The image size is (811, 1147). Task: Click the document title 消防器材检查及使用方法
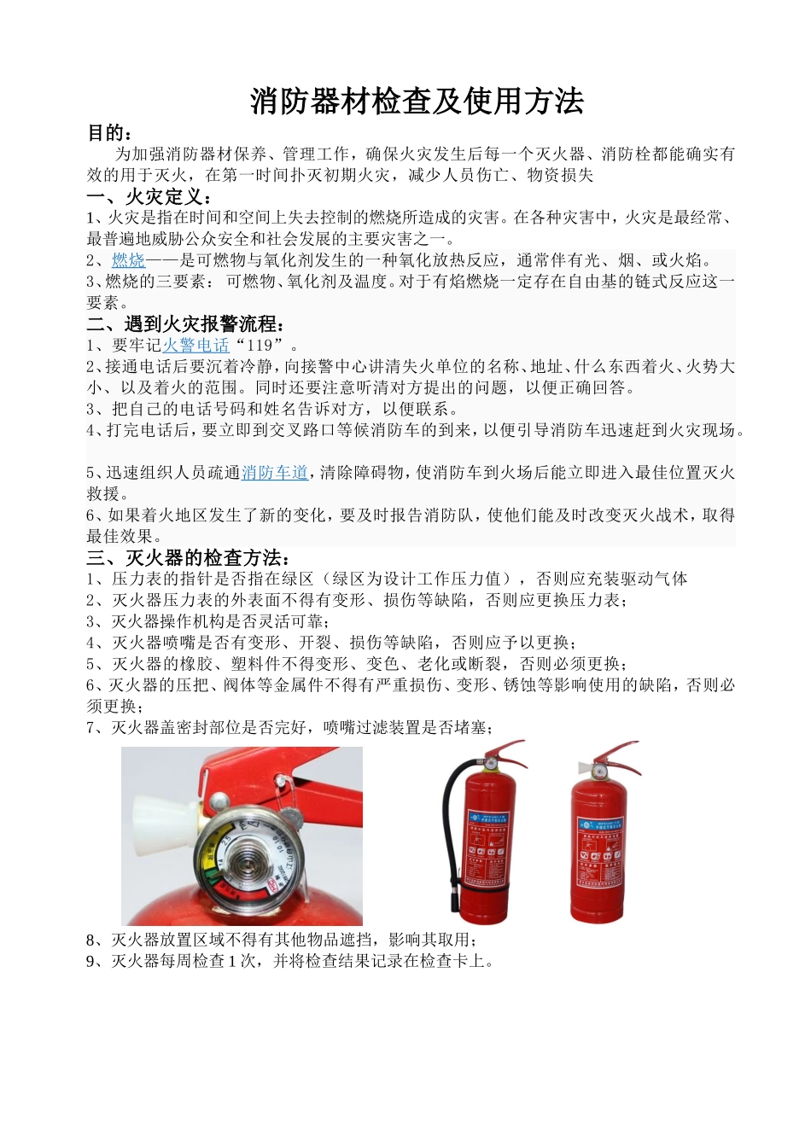pos(417,101)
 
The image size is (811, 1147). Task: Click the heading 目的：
pos(110,133)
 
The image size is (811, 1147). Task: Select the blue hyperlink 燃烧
pos(128,260)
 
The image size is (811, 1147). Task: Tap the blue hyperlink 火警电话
pos(195,346)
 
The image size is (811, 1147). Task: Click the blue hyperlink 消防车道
pos(274,473)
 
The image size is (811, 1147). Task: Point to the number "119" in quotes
pos(259,346)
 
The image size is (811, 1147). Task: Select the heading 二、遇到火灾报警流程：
pos(186,324)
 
